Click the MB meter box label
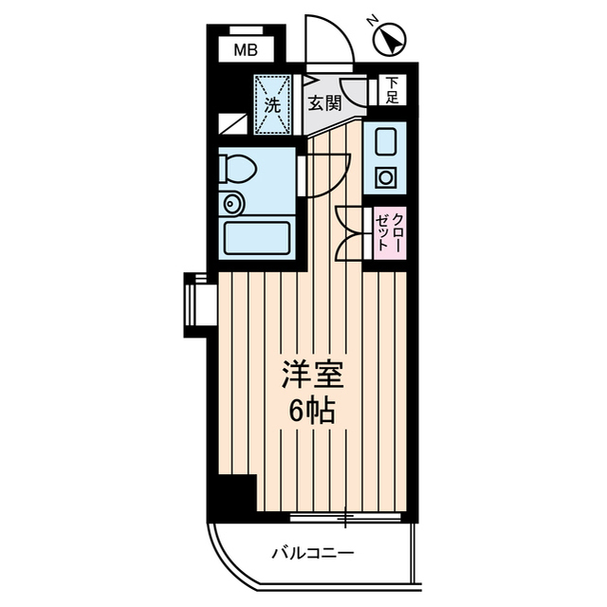(x=244, y=51)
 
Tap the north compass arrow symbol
(x=391, y=40)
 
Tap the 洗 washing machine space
(x=272, y=106)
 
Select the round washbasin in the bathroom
(x=231, y=203)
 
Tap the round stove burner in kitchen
(x=386, y=176)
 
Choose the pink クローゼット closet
(x=386, y=231)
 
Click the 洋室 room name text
(x=309, y=373)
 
